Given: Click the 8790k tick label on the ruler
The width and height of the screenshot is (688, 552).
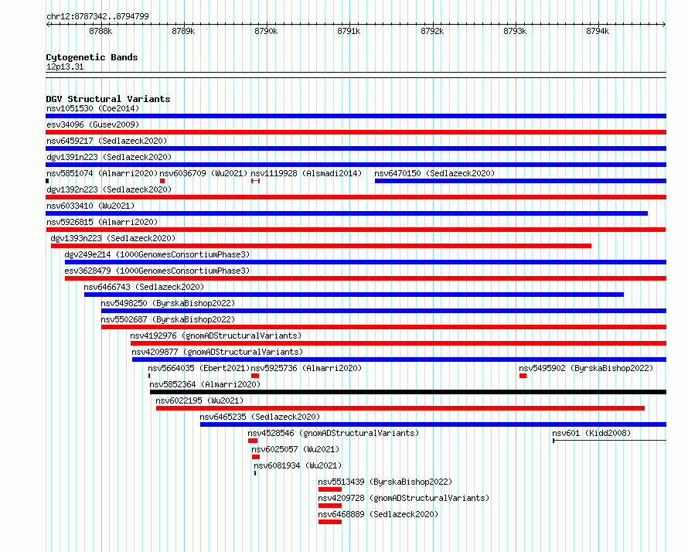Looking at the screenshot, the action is [266, 31].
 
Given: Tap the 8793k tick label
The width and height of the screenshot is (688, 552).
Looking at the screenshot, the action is [515, 31].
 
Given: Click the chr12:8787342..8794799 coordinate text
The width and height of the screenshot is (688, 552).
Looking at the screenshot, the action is [98, 16].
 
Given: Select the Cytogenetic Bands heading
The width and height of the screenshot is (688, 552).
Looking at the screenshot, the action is [92, 57].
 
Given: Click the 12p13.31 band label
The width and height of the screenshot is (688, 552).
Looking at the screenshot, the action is [65, 66].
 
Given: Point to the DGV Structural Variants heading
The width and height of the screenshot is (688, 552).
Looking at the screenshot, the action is [108, 99].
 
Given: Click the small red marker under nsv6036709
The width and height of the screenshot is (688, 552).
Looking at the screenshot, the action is [162, 181].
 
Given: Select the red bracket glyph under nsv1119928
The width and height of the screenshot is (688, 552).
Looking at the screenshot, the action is [255, 181].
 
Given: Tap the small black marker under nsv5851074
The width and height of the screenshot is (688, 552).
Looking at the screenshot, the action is [47, 181].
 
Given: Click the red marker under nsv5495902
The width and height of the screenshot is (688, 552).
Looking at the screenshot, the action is [523, 376].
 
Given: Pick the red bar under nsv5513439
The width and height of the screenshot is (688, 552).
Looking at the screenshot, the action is [330, 489].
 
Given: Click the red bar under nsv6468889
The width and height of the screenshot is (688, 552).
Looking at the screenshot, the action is [330, 522].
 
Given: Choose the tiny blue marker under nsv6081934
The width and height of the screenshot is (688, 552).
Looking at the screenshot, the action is [255, 473].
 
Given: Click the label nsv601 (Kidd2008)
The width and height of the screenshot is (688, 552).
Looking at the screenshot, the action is [591, 433].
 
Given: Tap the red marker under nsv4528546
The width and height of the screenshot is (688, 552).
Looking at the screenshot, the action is [253, 441].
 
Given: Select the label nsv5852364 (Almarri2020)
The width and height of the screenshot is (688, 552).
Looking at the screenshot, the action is [205, 384].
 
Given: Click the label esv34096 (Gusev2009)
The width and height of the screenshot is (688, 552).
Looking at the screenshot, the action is [93, 124].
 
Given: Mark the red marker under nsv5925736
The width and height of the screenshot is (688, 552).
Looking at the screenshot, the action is [255, 376].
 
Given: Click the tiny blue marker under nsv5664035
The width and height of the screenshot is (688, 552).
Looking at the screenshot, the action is [149, 376].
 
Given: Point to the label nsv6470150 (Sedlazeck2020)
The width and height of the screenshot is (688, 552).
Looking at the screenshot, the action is [434, 173].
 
